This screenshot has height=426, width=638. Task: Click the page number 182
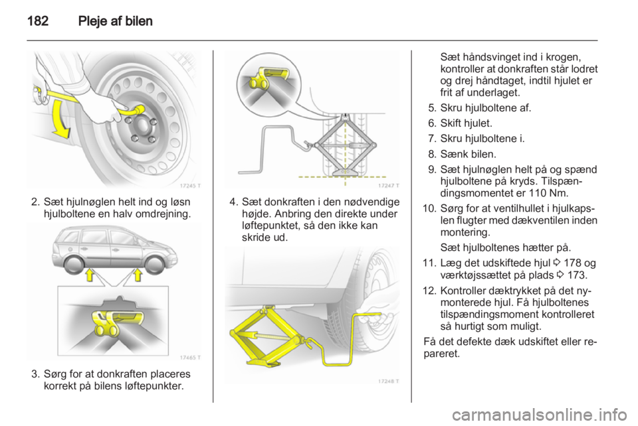(38, 21)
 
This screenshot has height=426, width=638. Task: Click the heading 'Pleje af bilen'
(115, 21)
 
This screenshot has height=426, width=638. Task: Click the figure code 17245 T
(189, 186)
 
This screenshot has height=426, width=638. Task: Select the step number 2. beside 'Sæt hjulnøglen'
(35, 202)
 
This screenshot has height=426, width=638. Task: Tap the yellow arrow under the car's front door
(90, 275)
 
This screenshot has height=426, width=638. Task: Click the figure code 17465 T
(189, 358)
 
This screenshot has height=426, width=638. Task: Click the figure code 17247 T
(389, 186)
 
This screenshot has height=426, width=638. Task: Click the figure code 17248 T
(389, 381)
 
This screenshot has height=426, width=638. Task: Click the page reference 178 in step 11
(574, 263)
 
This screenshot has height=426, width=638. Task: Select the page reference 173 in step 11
(577, 275)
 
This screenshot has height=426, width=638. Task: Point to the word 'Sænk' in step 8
(453, 155)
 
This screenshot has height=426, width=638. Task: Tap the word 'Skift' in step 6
(451, 123)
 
